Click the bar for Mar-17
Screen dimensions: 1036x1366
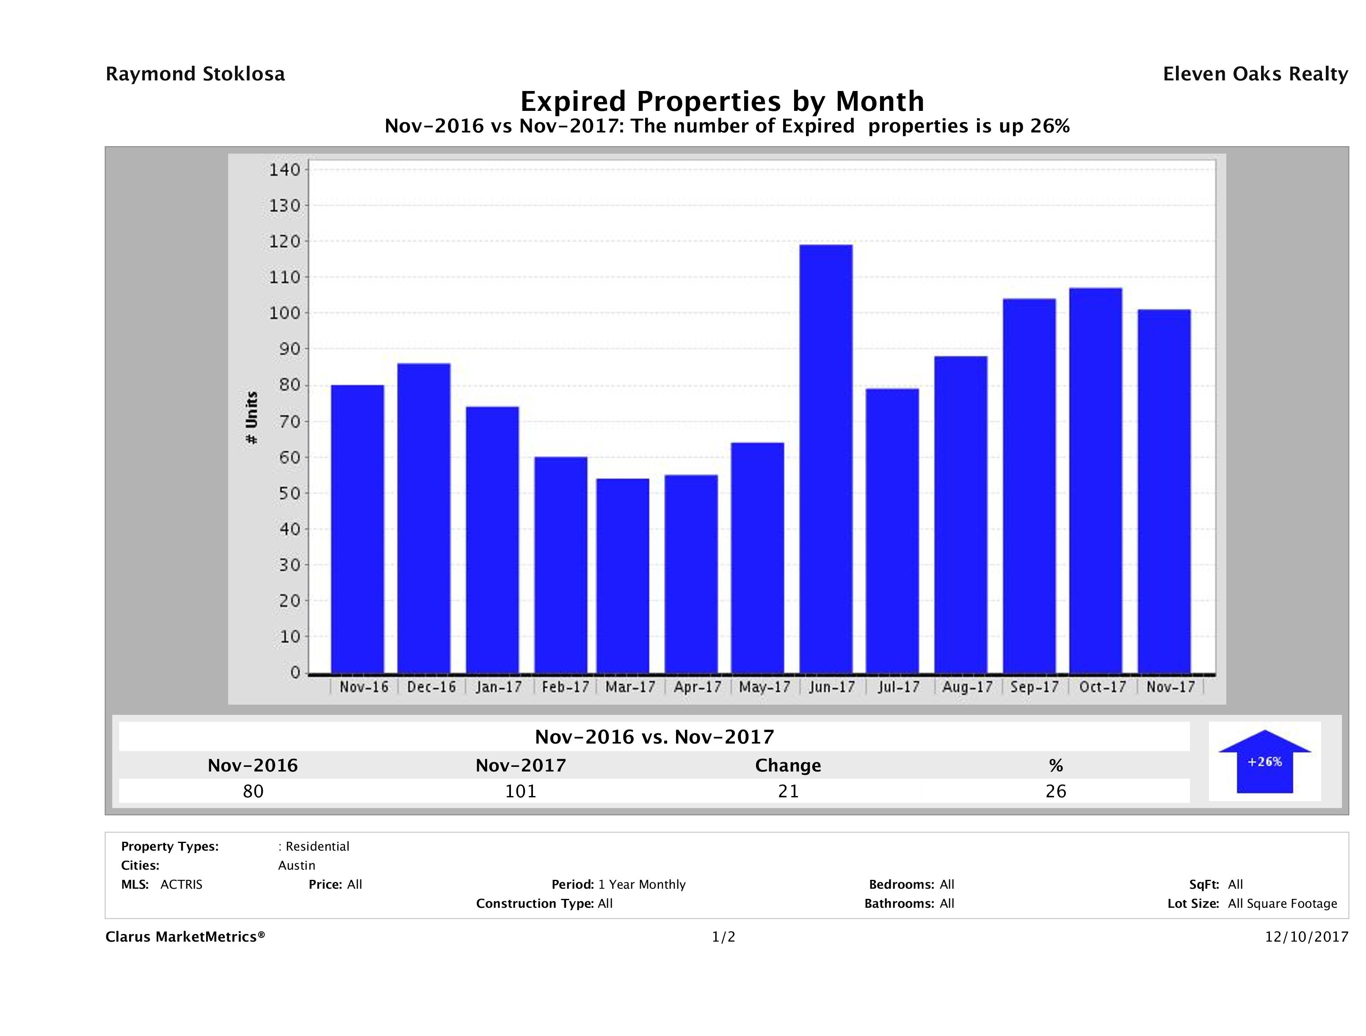623,576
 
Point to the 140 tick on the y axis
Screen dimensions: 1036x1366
284,170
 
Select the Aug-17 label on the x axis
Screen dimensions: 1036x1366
967,687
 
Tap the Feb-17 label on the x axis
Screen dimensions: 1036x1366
565,687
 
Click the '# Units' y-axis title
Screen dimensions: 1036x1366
252,418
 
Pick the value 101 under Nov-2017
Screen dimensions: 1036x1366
521,791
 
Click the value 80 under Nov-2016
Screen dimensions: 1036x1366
253,791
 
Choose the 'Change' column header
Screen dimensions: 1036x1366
788,766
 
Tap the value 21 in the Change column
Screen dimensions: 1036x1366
788,791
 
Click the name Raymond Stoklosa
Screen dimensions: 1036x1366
195,74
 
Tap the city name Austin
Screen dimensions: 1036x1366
296,865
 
